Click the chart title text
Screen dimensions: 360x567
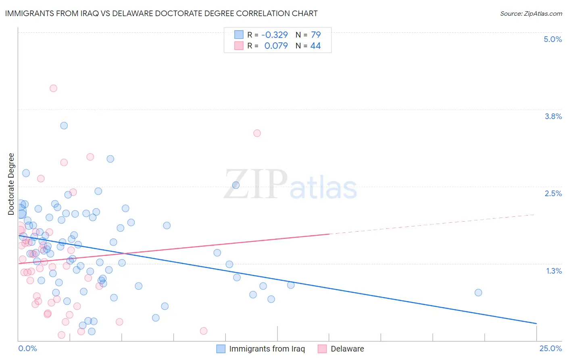161,13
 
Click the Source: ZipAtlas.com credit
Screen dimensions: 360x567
531,13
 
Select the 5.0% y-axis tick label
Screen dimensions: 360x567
552,39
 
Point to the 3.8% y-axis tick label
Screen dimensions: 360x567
553,116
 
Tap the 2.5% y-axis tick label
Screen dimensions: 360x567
553,193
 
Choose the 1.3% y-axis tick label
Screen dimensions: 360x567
554,271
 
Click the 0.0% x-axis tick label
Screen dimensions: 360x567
27,348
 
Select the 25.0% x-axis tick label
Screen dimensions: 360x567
550,348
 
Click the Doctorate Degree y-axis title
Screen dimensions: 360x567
11,184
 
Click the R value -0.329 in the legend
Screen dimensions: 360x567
274,35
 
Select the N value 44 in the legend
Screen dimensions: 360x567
315,46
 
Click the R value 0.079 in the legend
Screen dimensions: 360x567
276,46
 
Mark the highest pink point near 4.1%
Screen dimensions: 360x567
53,88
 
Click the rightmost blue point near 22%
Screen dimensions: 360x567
478,293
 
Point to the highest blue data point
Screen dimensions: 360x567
64,126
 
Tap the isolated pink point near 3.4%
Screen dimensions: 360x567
257,133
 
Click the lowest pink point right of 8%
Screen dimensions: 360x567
204,331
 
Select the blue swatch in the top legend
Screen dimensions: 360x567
239,35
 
